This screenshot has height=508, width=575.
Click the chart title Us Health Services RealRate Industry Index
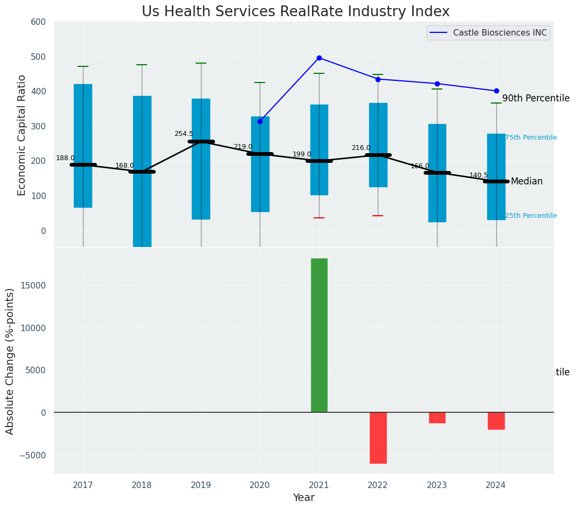[295, 12]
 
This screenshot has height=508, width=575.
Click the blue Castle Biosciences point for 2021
[319, 58]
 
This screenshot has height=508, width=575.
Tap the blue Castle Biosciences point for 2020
[260, 121]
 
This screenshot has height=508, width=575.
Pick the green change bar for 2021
[319, 335]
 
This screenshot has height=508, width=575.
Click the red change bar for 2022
[378, 437]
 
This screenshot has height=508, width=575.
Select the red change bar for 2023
[437, 417]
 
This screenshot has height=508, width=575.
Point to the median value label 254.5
[183, 134]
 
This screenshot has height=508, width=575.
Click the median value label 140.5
[479, 175]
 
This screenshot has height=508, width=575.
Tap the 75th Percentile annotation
[531, 138]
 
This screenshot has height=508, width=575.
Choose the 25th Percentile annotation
[531, 216]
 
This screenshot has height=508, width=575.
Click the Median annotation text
[526, 182]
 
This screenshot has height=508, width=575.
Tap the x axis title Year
[303, 498]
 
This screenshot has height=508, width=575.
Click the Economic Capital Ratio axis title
[22, 135]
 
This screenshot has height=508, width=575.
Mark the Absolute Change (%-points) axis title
[10, 361]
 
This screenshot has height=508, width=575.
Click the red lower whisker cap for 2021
[319, 218]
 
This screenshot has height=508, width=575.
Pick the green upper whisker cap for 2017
[83, 66]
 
